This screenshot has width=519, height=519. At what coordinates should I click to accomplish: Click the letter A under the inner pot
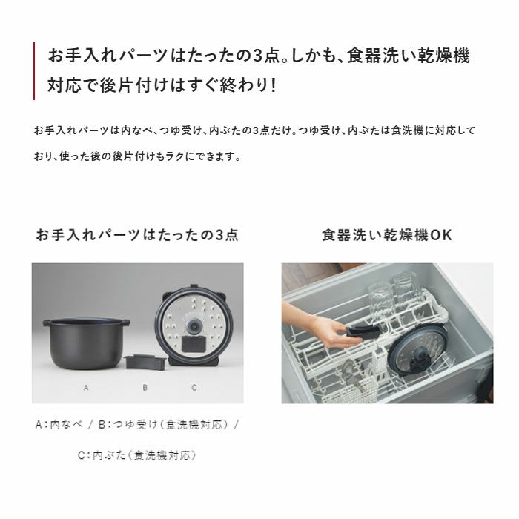tap(86, 388)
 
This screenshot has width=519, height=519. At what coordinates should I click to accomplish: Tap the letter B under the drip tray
tap(145, 388)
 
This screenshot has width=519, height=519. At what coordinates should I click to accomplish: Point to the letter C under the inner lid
tap(194, 388)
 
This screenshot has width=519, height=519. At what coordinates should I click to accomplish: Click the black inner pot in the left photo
tap(86, 343)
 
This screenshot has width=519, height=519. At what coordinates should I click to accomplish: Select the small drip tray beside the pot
tap(145, 363)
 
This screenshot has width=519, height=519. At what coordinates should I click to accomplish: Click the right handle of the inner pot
tap(125, 322)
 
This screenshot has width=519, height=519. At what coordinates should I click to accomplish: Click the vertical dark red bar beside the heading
tap(34, 70)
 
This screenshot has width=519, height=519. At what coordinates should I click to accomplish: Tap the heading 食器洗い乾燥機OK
tap(387, 235)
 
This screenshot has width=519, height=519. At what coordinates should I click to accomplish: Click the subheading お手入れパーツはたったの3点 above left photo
tap(137, 235)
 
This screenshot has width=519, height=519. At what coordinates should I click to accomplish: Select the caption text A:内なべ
tap(59, 424)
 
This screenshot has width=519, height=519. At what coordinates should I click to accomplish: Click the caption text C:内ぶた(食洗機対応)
tap(137, 455)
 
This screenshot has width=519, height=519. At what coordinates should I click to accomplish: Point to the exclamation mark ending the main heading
tap(273, 85)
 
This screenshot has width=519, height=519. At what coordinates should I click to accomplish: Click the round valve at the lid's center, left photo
tap(194, 325)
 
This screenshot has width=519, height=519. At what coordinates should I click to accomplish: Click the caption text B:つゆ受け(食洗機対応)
tap(164, 424)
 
